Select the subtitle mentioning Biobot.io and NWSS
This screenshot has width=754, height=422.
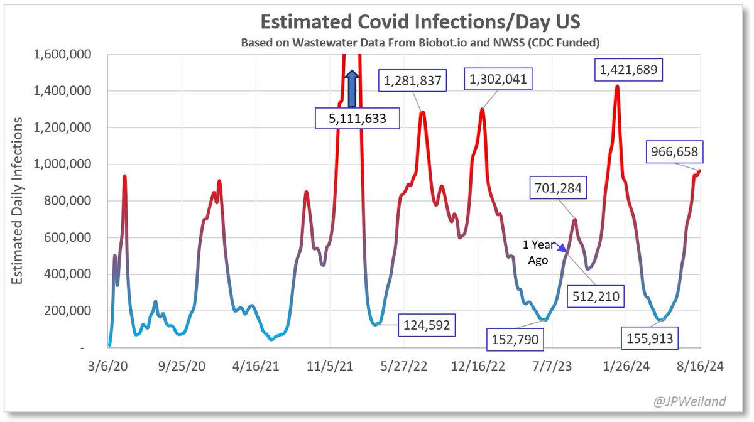(419, 43)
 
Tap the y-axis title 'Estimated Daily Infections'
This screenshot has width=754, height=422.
(19, 199)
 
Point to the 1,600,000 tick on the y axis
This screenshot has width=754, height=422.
(62, 55)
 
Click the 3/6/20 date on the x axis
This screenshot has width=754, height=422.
(109, 366)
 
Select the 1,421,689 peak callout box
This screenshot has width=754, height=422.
(629, 70)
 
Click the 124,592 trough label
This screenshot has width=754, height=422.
(425, 326)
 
